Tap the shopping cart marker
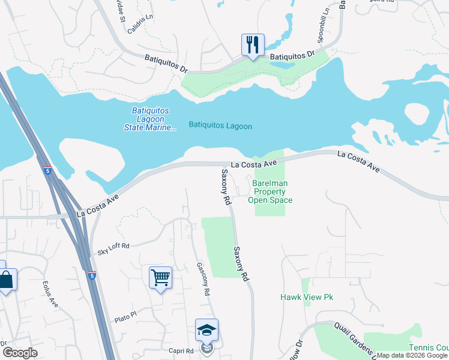coord(160,278)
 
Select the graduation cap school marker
coord(206,331)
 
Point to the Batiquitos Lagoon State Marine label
coord(150,119)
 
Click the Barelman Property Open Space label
coord(270,191)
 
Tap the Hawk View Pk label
coord(306,297)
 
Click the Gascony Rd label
coord(203,279)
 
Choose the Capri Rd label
coord(181,351)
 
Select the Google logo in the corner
coord(20,353)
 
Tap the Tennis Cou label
coord(429,348)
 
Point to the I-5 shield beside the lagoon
coord(47,171)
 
